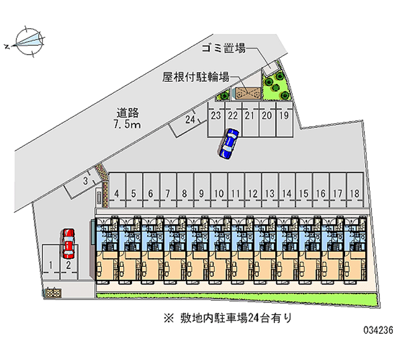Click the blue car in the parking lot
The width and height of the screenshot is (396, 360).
pyautogui.click(x=229, y=143)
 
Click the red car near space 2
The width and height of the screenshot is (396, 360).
pyautogui.click(x=68, y=243)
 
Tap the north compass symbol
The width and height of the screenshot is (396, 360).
pyautogui.click(x=29, y=41)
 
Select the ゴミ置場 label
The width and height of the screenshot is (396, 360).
pyautogui.click(x=224, y=49)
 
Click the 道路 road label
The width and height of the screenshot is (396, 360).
pyautogui.click(x=127, y=113)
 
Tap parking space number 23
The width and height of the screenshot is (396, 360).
pyautogui.click(x=215, y=116)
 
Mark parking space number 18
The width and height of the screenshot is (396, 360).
pyautogui.click(x=353, y=193)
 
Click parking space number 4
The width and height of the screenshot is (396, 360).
pyautogui.click(x=117, y=193)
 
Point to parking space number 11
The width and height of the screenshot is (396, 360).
pyautogui.click(x=236, y=193)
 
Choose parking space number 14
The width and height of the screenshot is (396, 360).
pyautogui.click(x=287, y=193)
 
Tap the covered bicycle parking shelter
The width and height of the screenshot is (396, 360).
pyautogui.click(x=247, y=93)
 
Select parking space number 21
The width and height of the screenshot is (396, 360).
pyautogui.click(x=249, y=116)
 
